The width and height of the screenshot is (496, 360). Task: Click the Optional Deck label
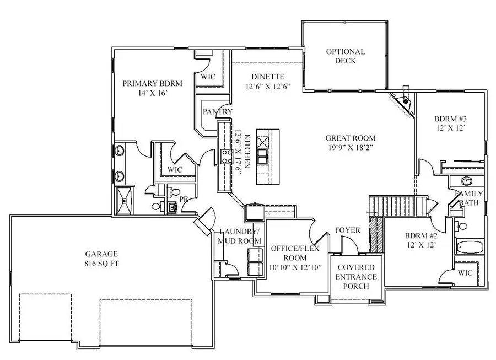(345, 56)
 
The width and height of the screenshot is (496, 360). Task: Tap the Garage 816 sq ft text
(101, 259)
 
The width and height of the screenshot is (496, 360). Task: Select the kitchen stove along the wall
(225, 157)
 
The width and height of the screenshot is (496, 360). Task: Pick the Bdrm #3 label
(450, 123)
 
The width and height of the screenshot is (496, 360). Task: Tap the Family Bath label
(469, 198)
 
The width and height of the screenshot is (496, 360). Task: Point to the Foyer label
(347, 230)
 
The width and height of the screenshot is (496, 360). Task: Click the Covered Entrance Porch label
(356, 276)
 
